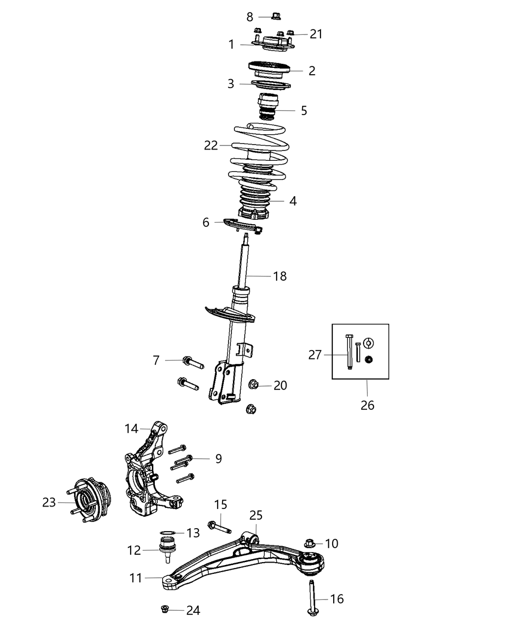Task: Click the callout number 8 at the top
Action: coord(250,17)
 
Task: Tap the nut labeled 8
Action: coord(275,17)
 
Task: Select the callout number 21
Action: coord(316,34)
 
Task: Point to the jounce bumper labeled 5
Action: coord(268,106)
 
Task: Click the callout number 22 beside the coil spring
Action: coord(211,146)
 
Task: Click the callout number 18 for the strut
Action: coord(280,276)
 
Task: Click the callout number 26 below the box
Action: coord(367,405)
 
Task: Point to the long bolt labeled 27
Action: coord(349,352)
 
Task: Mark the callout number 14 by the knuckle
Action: coord(131,429)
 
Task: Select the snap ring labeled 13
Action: coord(168,532)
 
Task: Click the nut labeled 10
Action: coord(310,543)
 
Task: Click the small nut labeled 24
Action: coord(166,610)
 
